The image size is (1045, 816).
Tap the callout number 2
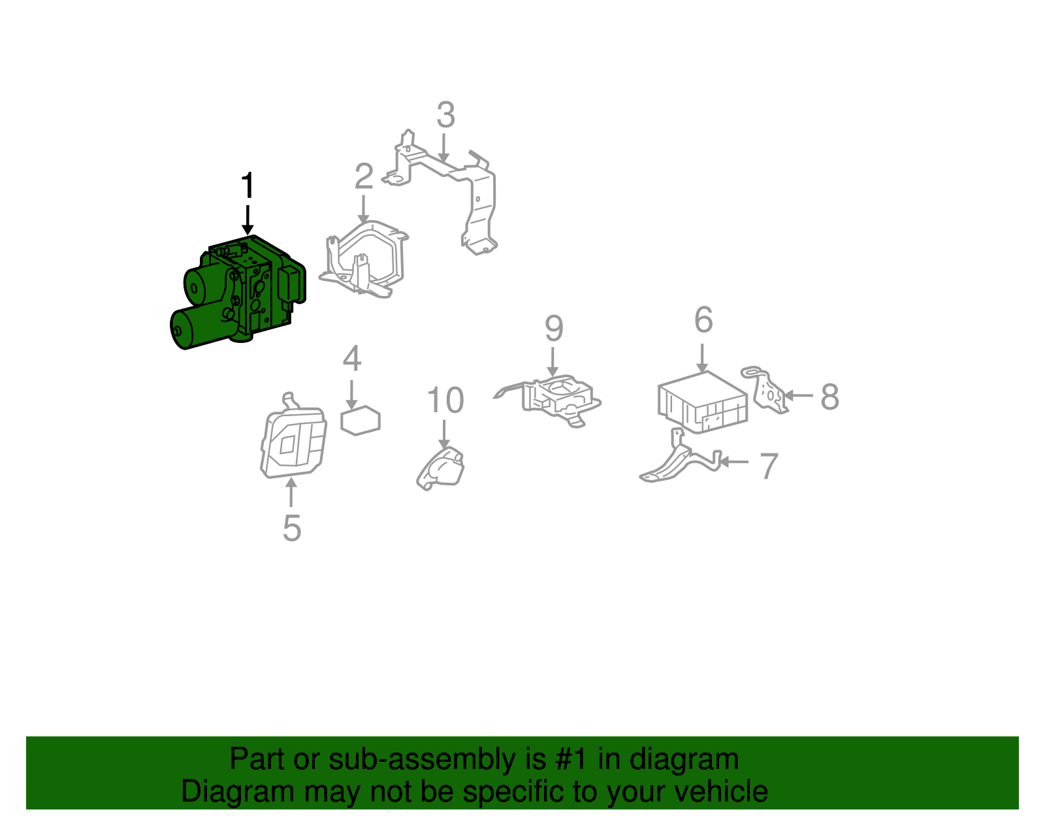tap(364, 176)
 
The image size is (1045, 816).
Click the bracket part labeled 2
tap(364, 259)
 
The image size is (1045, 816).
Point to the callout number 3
tap(446, 115)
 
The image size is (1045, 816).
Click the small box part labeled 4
tap(361, 420)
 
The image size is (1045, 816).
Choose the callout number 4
tap(352, 358)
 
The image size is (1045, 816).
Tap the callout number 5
tap(292, 528)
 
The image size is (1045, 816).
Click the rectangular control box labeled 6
tap(703, 402)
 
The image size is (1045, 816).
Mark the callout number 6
tap(703, 319)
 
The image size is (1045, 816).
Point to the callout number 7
tap(769, 466)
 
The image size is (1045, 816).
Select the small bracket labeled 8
tap(765, 389)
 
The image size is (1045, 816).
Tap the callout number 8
tap(830, 397)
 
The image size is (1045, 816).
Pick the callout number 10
tap(445, 400)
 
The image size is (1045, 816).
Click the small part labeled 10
tap(440, 469)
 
